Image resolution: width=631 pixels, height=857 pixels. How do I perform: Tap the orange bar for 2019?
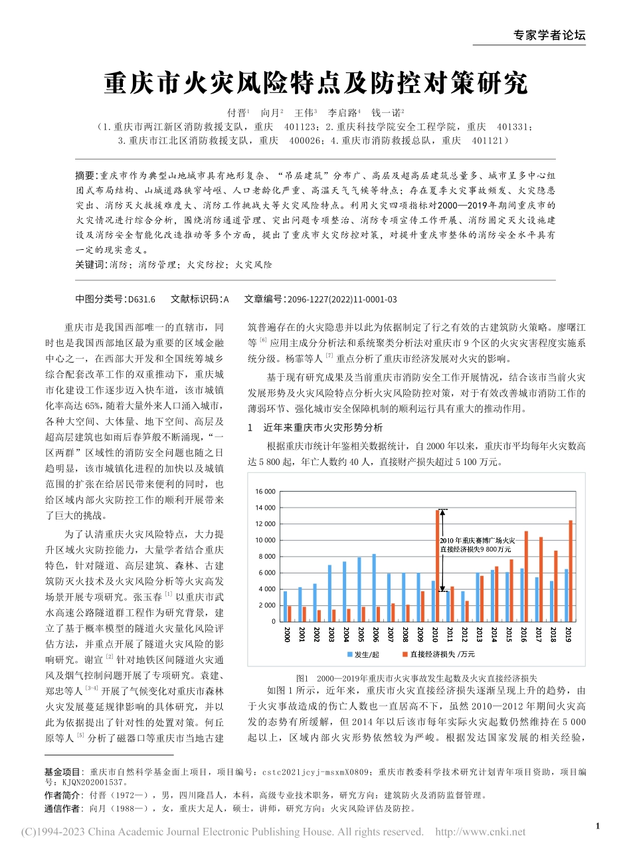click(570, 571)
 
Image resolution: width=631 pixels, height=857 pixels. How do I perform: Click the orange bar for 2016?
click(526, 576)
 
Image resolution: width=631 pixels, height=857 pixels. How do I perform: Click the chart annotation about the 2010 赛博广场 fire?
click(476, 545)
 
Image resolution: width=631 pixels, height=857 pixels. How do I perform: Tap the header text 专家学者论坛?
click(550, 36)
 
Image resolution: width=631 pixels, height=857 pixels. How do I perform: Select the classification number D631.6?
click(141, 299)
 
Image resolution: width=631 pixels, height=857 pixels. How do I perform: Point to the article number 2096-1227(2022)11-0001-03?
click(342, 299)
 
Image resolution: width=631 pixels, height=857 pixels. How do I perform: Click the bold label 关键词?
click(86, 264)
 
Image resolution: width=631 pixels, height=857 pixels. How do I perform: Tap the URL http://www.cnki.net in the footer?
click(480, 832)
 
